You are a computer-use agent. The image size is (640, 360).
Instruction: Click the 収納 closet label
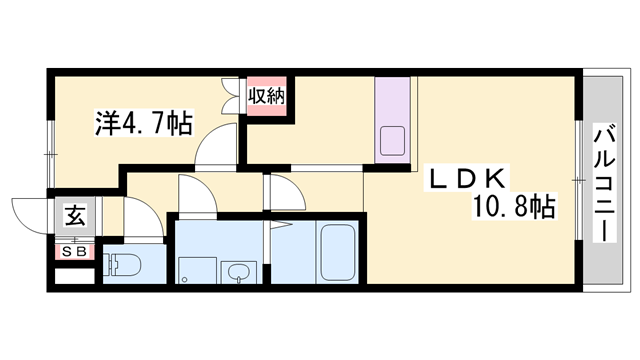tap(267, 96)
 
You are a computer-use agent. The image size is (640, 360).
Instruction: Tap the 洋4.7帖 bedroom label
tap(144, 123)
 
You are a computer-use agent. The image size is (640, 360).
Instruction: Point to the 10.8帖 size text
tap(513, 207)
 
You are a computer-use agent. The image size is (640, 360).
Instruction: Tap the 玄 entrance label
tap(76, 216)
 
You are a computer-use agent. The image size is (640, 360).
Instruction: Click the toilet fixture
tap(121, 264)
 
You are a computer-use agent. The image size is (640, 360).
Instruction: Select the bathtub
tap(337, 252)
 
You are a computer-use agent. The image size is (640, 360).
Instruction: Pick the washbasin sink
tap(238, 272)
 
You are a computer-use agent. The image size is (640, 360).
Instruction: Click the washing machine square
tap(198, 270)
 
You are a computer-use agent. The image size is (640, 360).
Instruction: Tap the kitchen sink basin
tap(393, 140)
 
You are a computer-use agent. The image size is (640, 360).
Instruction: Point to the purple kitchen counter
tap(393, 120)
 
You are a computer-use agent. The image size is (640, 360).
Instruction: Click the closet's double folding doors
tap(232, 96)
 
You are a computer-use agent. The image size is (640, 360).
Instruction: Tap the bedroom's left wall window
tap(51, 155)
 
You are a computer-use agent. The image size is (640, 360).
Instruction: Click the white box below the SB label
tap(75, 276)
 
